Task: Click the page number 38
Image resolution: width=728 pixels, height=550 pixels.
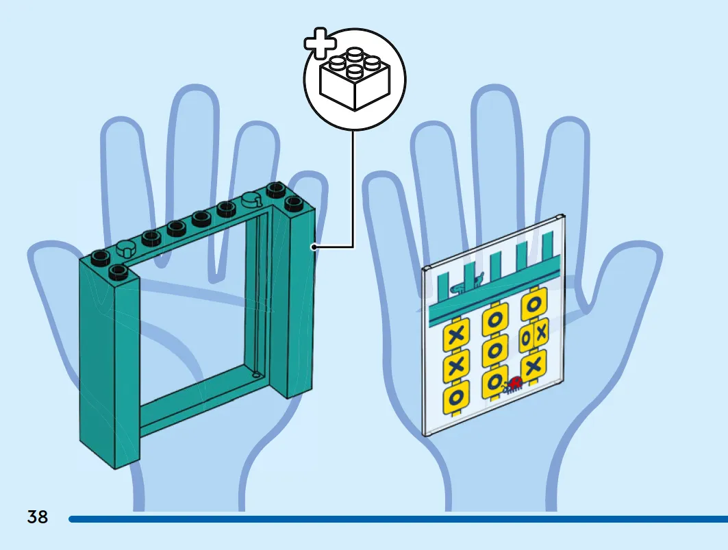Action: click(37, 516)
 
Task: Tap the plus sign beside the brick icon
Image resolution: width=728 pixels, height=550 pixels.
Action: click(321, 43)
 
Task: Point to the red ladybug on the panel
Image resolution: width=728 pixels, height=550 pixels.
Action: click(513, 385)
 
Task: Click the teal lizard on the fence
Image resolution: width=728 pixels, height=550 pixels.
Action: click(466, 284)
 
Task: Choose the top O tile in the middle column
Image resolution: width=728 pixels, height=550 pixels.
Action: click(495, 321)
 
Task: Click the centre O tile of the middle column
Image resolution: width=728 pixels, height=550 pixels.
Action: click(495, 351)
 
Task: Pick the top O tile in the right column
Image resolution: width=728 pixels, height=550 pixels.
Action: click(534, 305)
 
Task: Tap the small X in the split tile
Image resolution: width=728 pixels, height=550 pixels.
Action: click(540, 334)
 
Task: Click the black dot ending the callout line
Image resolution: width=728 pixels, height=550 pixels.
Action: click(314, 247)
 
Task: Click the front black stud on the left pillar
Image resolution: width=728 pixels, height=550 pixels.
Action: click(118, 272)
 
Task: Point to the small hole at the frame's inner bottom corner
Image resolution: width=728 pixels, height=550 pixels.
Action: click(255, 374)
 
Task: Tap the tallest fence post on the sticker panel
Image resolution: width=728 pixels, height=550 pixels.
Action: click(548, 250)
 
